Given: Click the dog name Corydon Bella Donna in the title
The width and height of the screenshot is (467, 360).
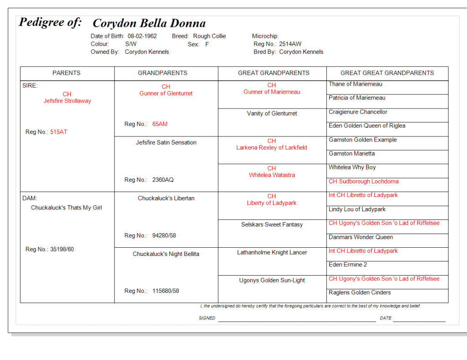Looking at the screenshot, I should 149,23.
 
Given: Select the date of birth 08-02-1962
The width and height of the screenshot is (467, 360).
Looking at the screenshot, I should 142,36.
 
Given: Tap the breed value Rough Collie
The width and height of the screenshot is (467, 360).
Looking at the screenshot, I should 209,36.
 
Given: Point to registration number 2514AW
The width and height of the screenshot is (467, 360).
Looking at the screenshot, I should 290,44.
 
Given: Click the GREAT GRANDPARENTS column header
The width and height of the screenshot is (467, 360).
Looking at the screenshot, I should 273,73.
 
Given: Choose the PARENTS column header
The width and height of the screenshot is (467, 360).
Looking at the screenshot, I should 67,73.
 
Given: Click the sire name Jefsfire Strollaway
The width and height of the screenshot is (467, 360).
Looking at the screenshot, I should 67,101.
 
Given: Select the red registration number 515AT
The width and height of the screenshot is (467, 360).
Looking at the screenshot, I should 58,132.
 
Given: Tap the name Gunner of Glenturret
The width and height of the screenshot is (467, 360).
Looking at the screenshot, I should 166,93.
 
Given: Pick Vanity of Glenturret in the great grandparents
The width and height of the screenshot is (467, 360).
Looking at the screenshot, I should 272,114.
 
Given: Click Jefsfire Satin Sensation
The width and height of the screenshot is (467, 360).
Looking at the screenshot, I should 166,142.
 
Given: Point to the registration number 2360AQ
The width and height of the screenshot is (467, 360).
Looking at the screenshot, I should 163,180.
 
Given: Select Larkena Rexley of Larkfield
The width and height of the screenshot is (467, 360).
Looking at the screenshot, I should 272,147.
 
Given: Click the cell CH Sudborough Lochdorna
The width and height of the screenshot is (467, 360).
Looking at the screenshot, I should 363,181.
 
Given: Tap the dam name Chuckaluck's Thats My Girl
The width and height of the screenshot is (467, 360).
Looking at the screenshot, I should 66,208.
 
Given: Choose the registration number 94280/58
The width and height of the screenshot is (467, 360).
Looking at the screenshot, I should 164,235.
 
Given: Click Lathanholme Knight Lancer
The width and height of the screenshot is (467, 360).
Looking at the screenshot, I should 272,252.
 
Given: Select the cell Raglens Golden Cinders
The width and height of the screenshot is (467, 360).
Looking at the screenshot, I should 360,292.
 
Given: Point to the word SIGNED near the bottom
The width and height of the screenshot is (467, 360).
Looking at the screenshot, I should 207,318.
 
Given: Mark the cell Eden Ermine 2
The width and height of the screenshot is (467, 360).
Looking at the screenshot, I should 348,265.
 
